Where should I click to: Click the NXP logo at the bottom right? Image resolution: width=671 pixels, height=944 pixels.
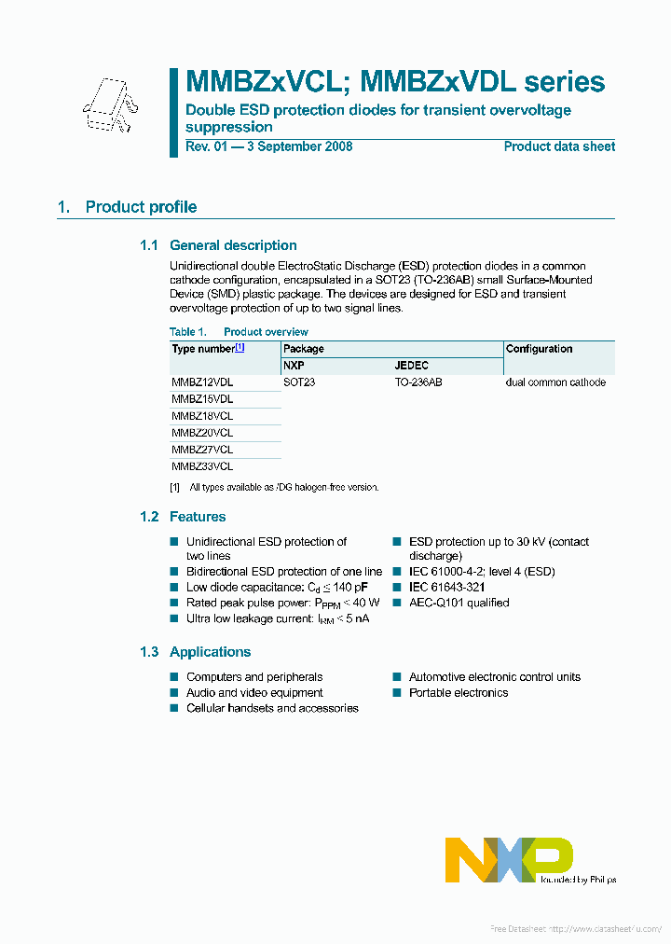click(509, 859)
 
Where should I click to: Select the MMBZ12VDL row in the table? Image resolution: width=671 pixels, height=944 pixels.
click(202, 382)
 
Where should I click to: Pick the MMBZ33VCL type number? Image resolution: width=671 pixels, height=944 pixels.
click(202, 466)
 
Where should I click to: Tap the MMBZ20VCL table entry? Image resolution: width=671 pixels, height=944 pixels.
click(202, 433)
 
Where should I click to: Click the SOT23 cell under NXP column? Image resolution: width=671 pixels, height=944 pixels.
click(299, 382)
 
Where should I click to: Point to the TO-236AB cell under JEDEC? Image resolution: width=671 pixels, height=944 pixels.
click(418, 382)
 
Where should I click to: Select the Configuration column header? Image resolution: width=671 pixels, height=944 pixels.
click(539, 349)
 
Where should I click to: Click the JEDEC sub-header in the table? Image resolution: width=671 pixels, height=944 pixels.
click(411, 366)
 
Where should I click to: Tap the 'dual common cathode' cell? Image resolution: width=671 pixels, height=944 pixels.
click(555, 382)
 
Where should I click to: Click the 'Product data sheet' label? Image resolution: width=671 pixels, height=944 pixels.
click(559, 146)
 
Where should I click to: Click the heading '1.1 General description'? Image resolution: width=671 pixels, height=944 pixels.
click(218, 245)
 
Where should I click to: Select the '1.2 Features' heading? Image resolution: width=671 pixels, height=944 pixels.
click(183, 517)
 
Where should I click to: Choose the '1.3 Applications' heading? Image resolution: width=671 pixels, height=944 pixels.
click(195, 652)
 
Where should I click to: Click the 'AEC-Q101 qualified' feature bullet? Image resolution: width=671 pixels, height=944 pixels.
click(459, 603)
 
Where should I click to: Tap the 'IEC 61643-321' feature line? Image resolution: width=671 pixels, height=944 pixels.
click(446, 587)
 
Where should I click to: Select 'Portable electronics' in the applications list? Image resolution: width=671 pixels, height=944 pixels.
click(458, 693)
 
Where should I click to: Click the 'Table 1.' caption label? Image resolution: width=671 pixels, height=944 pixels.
click(187, 332)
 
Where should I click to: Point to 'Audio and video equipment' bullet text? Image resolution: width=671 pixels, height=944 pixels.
click(254, 693)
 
